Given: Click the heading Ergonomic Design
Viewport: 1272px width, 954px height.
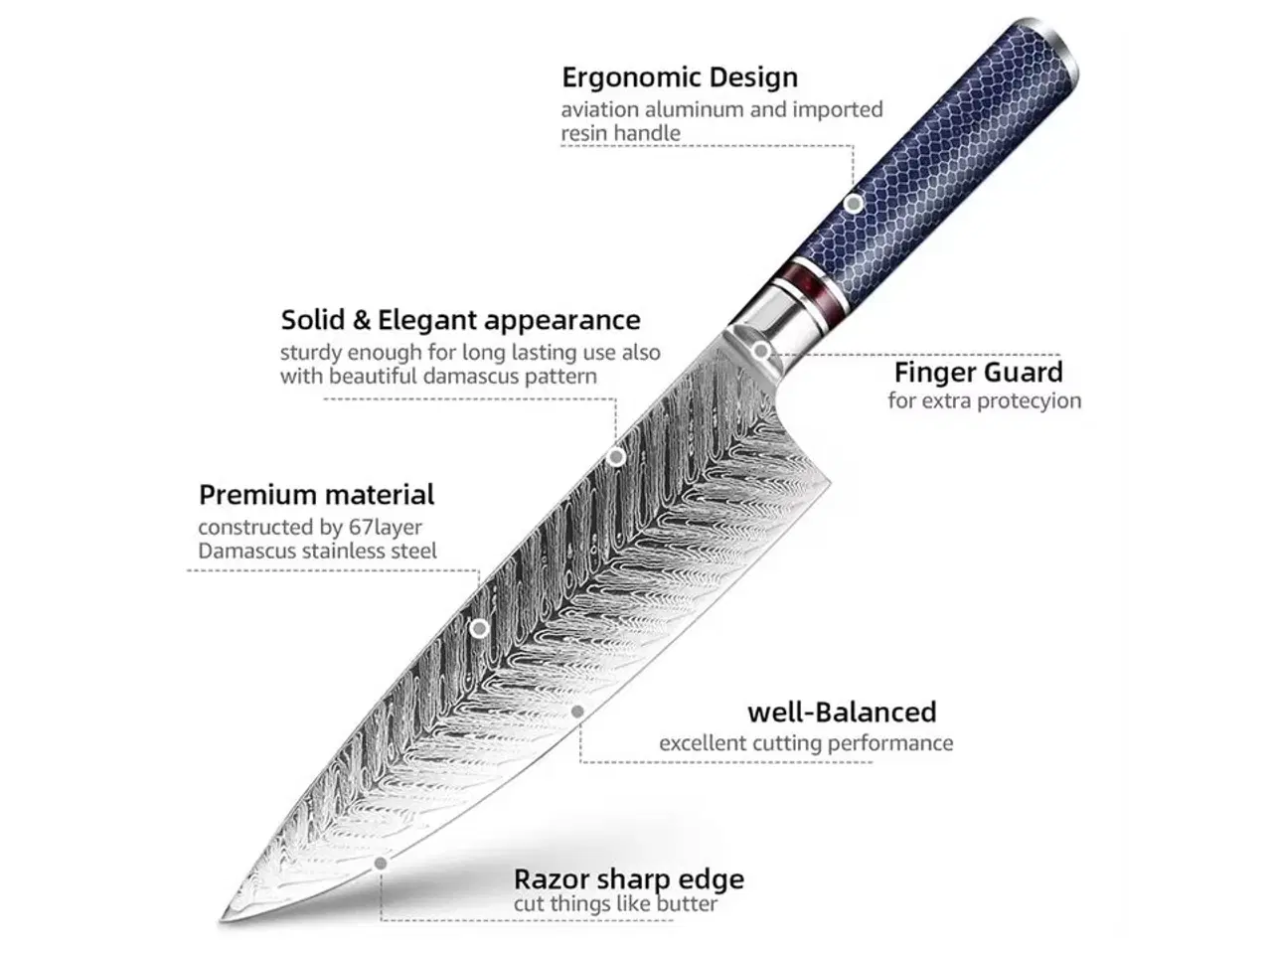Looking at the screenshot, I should [679, 78].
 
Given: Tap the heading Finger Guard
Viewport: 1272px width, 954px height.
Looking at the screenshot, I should [978, 373].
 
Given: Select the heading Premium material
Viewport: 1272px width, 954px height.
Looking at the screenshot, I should [316, 495].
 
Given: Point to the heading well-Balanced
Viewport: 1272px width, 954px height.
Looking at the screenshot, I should [842, 713].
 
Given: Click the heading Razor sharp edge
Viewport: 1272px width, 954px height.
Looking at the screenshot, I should [628, 879].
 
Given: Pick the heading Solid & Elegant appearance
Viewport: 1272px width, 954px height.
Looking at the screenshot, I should [460, 320].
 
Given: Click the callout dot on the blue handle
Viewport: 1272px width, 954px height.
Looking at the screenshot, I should [853, 205].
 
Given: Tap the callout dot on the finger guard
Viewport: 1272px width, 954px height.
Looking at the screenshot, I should [760, 350].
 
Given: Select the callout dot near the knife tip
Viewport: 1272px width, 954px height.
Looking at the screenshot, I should [380, 864].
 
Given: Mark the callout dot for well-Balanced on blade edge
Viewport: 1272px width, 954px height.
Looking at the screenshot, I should [577, 712].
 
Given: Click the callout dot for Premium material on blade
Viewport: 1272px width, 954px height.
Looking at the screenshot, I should [479, 628].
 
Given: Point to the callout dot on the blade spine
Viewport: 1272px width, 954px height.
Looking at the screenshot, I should [616, 457].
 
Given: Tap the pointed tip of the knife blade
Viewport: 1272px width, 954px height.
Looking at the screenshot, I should [223, 920].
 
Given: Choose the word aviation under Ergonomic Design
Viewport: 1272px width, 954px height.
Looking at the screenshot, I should [601, 109].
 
